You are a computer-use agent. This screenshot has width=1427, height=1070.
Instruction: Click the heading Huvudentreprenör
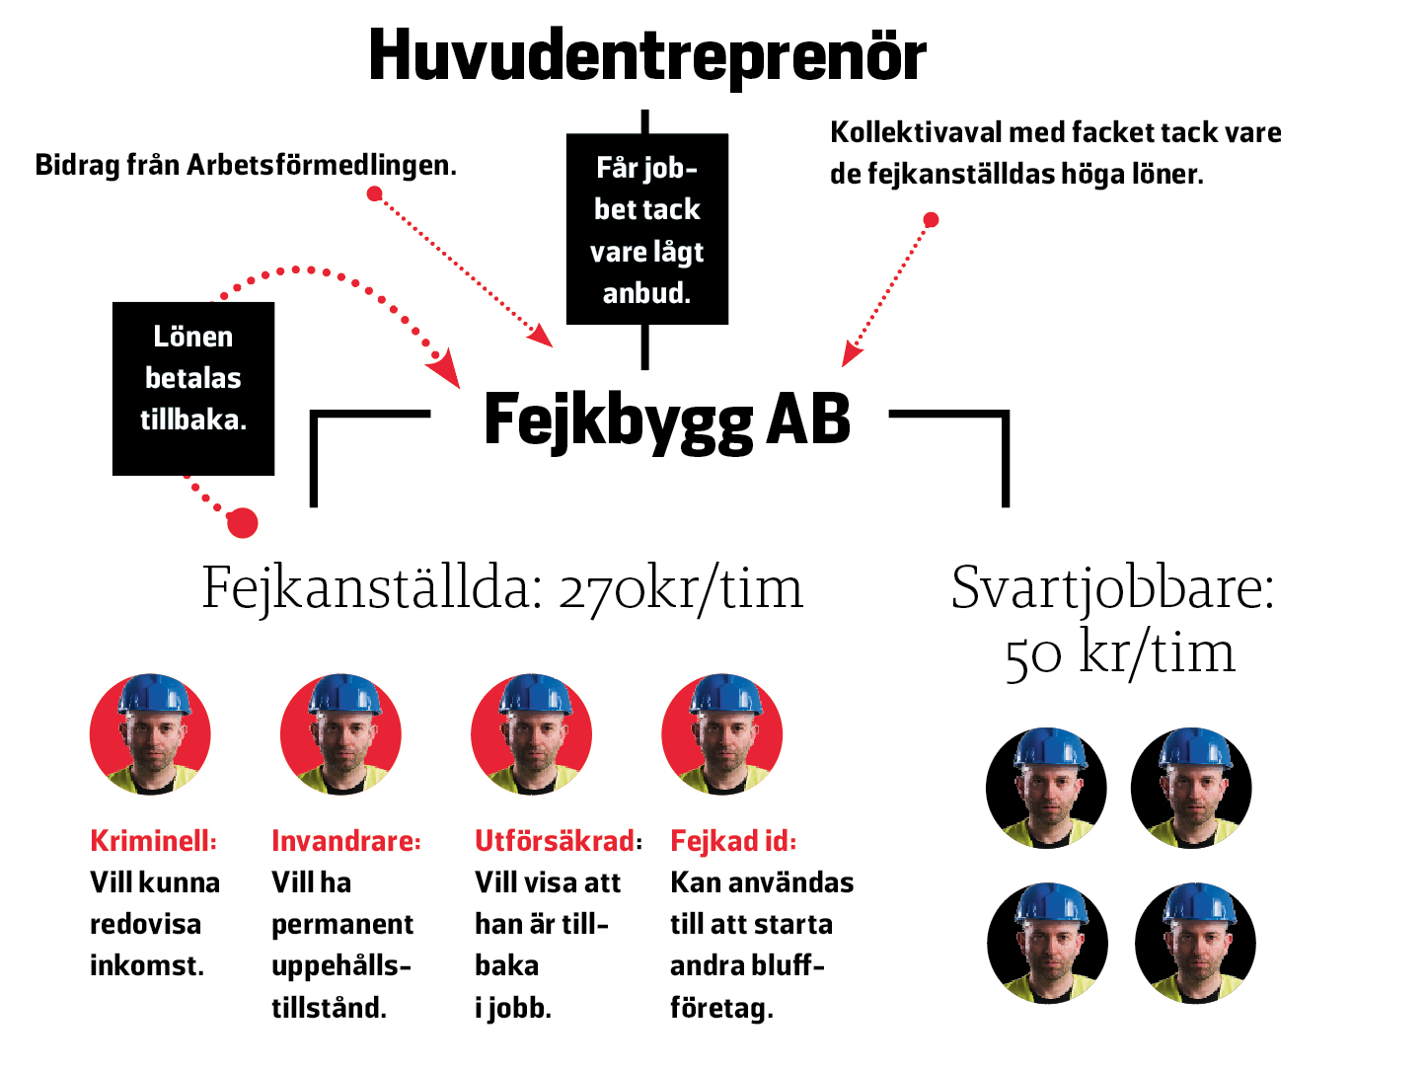pyautogui.click(x=646, y=57)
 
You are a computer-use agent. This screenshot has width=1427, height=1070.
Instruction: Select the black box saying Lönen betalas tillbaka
pyautogui.click(x=193, y=389)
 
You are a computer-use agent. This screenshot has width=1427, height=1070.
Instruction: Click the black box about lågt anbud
pyautogui.click(x=646, y=229)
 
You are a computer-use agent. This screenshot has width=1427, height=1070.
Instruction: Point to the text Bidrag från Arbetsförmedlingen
pyautogui.click(x=246, y=165)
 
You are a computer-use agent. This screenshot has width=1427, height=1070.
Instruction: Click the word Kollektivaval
pyautogui.click(x=916, y=132)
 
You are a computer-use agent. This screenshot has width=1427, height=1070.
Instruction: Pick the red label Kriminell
pyautogui.click(x=153, y=841)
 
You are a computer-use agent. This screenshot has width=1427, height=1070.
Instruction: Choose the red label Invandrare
pyautogui.click(x=346, y=841)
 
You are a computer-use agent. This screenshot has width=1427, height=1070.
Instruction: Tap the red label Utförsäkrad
pyautogui.click(x=559, y=841)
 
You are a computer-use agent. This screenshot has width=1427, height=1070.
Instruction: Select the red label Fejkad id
pyautogui.click(x=733, y=841)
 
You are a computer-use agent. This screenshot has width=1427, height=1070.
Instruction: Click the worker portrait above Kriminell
pyautogui.click(x=150, y=734)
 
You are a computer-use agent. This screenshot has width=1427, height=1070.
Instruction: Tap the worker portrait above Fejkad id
pyautogui.click(x=722, y=734)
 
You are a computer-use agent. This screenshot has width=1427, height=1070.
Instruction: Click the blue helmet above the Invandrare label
pyautogui.click(x=343, y=694)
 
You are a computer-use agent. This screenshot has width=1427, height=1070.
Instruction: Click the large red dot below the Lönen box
pyautogui.click(x=243, y=523)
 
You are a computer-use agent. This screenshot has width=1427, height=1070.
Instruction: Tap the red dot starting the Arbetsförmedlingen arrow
pyautogui.click(x=374, y=193)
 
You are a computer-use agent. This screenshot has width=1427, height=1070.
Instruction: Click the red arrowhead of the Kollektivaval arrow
pyautogui.click(x=852, y=354)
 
